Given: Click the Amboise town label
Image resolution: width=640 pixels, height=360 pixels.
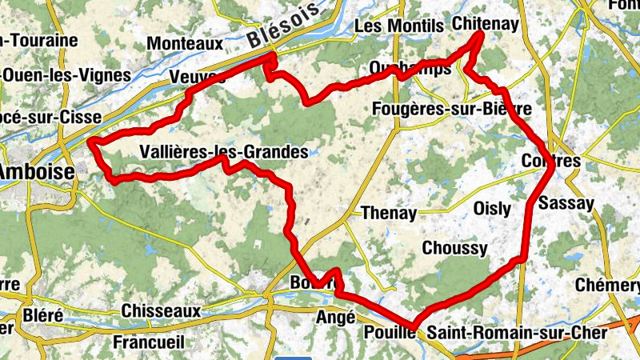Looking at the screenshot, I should pyautogui.click(x=37, y=171).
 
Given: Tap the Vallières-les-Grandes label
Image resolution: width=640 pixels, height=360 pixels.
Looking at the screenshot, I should pyautogui.click(x=223, y=151).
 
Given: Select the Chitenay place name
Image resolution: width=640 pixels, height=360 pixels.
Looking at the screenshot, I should pyautogui.click(x=485, y=24).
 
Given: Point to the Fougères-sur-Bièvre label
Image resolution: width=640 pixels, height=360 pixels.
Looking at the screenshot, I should pyautogui.click(x=452, y=109).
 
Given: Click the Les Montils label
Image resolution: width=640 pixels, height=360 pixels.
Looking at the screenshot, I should pyautogui.click(x=398, y=26).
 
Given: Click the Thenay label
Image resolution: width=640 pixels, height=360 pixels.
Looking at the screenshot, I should pyautogui.click(x=389, y=213).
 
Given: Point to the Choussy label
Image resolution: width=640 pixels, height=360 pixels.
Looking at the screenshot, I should pyautogui.click(x=454, y=248).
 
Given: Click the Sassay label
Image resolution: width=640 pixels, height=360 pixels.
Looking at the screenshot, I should pyautogui.click(x=566, y=203).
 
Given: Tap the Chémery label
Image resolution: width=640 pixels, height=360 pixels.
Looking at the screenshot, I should pyautogui.click(x=608, y=286).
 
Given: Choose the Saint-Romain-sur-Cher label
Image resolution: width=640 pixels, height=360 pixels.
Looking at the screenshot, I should pyautogui.click(x=517, y=332).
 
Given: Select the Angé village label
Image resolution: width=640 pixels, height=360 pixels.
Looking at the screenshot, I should pyautogui.click(x=336, y=317).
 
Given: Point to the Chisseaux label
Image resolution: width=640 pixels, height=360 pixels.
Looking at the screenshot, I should pyautogui.click(x=161, y=310).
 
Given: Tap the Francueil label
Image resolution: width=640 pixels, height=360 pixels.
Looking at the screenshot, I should pyautogui.click(x=148, y=342).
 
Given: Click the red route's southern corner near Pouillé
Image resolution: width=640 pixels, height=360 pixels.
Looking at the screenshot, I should pyautogui.click(x=415, y=325).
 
